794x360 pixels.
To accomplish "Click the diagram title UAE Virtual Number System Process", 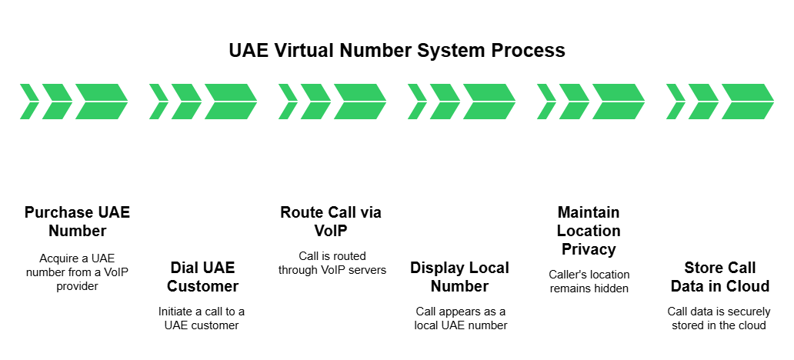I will click(397, 51).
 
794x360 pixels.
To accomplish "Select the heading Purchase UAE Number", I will click(77, 222).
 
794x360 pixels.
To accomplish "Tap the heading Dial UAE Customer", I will click(203, 277).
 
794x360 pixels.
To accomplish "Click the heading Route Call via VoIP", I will click(331, 222).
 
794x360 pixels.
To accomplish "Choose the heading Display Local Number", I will click(459, 277).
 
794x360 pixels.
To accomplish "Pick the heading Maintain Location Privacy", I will click(589, 231).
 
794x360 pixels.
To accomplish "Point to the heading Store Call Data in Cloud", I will click(720, 277).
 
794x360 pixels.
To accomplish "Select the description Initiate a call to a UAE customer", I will click(203, 318).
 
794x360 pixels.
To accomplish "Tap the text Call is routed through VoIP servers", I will click(331, 262).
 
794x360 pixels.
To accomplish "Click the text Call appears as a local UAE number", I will click(459, 318).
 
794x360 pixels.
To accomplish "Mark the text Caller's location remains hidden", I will click(589, 281).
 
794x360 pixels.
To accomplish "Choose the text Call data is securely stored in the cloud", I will click(720, 318).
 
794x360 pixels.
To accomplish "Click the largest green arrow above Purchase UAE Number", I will click(101, 102).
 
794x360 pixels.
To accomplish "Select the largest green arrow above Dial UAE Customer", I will click(230, 102).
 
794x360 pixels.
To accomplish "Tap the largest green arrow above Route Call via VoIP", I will click(359, 102).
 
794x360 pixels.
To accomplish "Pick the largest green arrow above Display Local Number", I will click(489, 102).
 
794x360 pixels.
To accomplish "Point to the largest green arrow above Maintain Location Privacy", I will click(618, 102).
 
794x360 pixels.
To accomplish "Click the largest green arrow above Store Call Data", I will click(747, 102).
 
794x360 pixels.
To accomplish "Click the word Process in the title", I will click(531, 51).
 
